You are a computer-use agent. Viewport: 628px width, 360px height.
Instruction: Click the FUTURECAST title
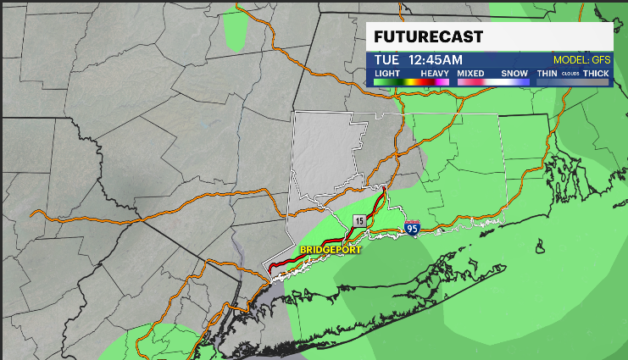(429, 37)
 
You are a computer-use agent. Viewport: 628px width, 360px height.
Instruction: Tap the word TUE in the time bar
(387, 60)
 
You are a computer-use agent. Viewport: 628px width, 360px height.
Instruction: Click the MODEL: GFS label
(581, 60)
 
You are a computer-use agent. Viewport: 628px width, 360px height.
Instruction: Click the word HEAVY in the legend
(435, 74)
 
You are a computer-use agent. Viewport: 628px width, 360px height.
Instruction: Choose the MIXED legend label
(470, 74)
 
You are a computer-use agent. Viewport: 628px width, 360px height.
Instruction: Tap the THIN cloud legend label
(547, 74)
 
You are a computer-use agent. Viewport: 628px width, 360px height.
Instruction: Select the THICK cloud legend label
(596, 74)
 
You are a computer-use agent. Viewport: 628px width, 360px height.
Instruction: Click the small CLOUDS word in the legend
(570, 75)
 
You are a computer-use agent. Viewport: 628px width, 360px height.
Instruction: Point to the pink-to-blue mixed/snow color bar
(493, 81)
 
